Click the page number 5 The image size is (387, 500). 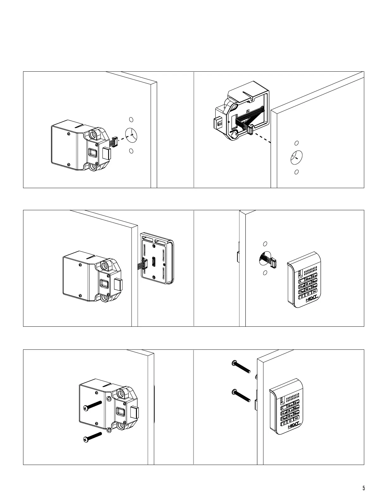364,488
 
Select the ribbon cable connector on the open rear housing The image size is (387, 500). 251,130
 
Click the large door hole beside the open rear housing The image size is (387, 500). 296,157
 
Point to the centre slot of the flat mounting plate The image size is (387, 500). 154,262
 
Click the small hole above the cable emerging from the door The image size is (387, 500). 265,244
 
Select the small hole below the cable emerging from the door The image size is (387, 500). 265,272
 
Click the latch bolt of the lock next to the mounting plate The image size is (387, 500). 118,285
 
